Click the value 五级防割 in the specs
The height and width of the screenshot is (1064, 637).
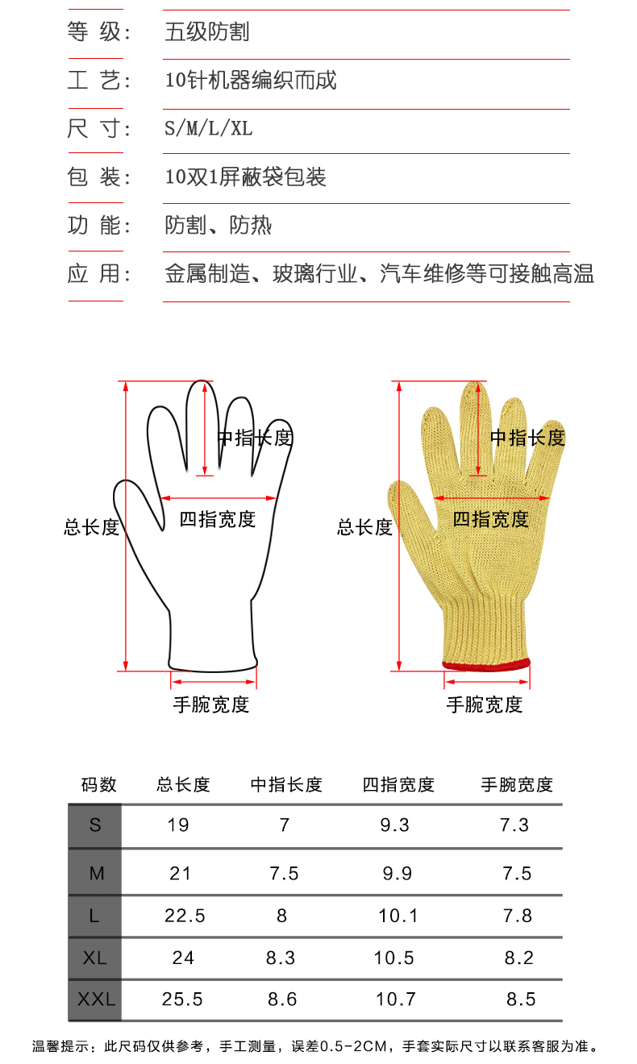206,32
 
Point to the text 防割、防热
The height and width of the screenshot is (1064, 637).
218,225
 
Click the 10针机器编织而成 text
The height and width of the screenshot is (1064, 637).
250,81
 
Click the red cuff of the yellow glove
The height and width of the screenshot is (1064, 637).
486,664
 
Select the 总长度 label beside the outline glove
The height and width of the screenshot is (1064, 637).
91,528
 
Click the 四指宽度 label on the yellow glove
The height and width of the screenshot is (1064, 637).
490,520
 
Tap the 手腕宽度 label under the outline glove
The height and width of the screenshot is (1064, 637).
211,705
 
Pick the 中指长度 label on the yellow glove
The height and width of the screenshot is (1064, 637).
527,438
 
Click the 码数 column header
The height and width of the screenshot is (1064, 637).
99,784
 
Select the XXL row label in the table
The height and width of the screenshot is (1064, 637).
96,1000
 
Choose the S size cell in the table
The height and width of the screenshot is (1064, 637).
95,825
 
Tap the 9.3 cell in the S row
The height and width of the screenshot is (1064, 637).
394,825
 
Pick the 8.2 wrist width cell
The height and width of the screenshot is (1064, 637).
519,958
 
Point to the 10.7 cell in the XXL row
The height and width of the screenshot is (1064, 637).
395,1000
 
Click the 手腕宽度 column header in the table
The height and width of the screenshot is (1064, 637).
517,784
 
